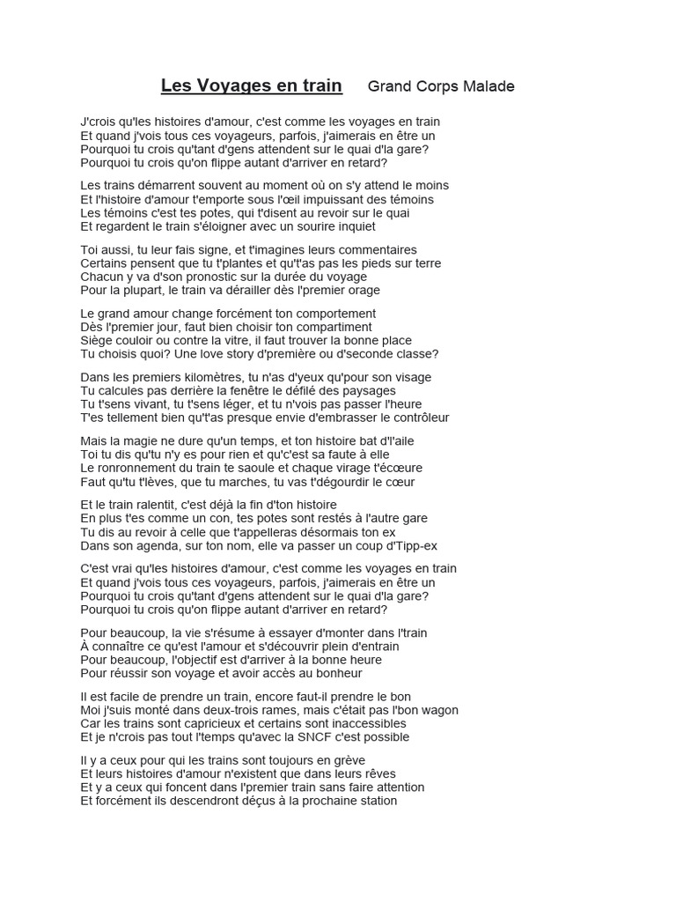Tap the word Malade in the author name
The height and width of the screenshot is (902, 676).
485,86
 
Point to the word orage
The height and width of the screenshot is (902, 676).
362,290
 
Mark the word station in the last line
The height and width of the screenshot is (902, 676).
374,801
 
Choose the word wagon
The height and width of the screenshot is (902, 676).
437,710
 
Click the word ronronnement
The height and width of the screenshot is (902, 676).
147,468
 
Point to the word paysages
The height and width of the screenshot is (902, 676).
364,390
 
